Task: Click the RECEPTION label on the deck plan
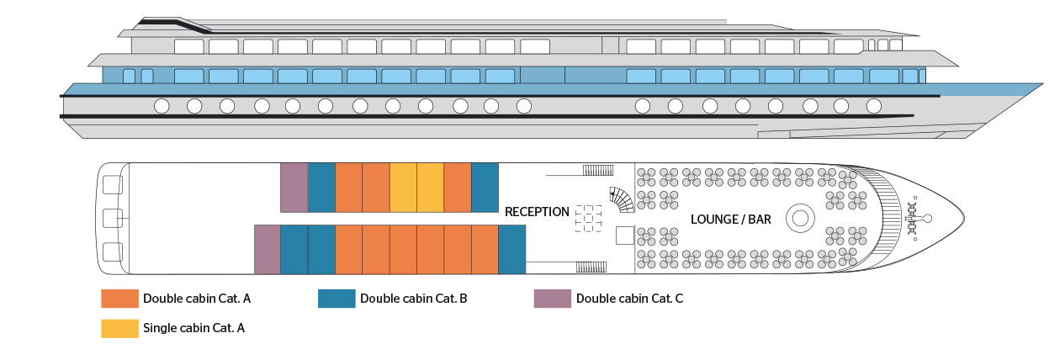[537, 212]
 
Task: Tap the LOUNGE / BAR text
[730, 220]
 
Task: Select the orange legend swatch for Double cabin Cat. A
[119, 299]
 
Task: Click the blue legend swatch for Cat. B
[336, 299]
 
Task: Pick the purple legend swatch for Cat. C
[552, 299]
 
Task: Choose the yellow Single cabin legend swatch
[119, 328]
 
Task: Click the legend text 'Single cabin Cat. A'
[193, 328]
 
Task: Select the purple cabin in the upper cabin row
[294, 188]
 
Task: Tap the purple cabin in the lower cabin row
[267, 250]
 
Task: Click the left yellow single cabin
[403, 188]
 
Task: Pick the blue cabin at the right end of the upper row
[485, 188]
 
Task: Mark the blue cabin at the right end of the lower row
[511, 250]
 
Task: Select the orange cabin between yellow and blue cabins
[457, 188]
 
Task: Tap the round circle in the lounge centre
[798, 219]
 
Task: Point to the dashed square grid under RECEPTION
[589, 219]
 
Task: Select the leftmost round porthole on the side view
[161, 106]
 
